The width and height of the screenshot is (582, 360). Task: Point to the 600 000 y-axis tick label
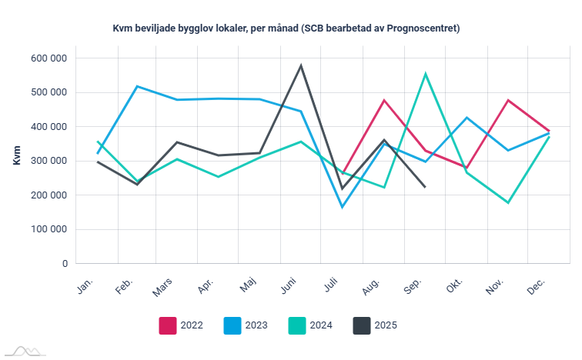pyautogui.click(x=48, y=58)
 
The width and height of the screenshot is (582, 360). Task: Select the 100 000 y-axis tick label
pyautogui.click(x=48, y=229)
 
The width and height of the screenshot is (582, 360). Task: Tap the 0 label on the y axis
pyautogui.click(x=65, y=264)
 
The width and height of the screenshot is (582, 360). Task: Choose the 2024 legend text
pyautogui.click(x=322, y=325)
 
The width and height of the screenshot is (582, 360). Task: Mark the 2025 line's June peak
pyautogui.click(x=301, y=65)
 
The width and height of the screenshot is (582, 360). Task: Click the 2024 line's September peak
pyautogui.click(x=426, y=74)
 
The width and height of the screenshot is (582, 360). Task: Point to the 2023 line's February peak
pyautogui.click(x=137, y=86)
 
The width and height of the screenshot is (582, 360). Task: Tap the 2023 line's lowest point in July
pyautogui.click(x=343, y=207)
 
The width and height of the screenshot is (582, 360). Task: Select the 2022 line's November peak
pyautogui.click(x=508, y=100)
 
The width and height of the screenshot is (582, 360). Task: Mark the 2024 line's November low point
pyautogui.click(x=508, y=202)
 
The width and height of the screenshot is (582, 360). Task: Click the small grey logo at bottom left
pyautogui.click(x=23, y=351)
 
